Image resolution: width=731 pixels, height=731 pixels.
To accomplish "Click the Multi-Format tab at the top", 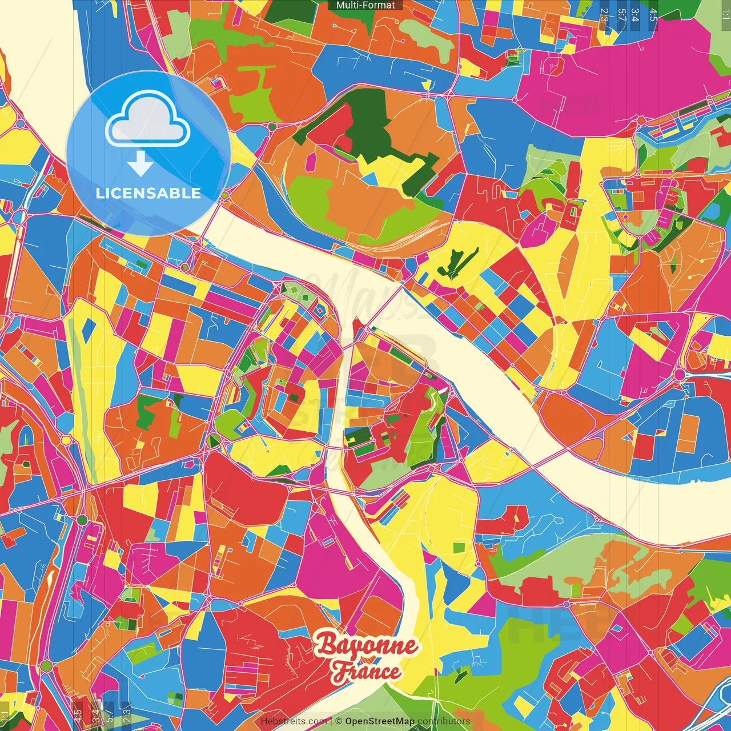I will coord(365,5).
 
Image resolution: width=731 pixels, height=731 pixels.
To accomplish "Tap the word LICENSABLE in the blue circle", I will coord(148,193).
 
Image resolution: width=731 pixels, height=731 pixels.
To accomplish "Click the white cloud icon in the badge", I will coord(148,121).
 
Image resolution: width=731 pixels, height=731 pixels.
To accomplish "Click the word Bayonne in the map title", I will coord(366,646).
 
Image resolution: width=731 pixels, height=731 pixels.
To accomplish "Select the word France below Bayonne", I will coord(366,672).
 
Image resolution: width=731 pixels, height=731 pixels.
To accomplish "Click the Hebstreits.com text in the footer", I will coord(294,721).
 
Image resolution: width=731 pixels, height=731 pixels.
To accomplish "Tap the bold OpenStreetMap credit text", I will coord(379,721).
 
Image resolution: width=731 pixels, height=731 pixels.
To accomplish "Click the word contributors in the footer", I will coord(444,721).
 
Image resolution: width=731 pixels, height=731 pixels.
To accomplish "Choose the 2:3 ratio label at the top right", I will coord(604,15).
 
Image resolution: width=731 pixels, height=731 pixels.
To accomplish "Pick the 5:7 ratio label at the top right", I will coord(621,15).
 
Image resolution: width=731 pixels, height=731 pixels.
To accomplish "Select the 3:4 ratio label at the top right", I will coord(635,15).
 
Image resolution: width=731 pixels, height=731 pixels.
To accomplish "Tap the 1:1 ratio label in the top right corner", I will coord(725,11).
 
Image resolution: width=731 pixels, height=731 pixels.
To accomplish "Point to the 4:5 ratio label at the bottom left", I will coord(78,714).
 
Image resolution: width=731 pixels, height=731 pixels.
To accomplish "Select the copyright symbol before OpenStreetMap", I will coord(339,721).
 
